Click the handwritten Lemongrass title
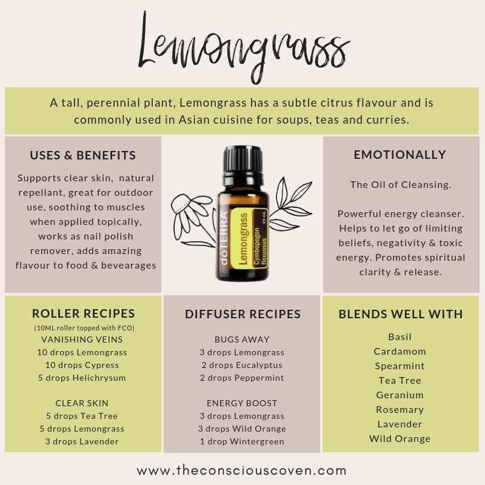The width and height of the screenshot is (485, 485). [x=244, y=47]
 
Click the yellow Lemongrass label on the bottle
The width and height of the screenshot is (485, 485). [x=249, y=238]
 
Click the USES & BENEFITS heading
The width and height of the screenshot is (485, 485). [x=83, y=155]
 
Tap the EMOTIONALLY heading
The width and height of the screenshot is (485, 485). [x=400, y=155]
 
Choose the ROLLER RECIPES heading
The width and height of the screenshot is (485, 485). [x=84, y=313]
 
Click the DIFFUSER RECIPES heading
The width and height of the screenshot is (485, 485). [x=243, y=314]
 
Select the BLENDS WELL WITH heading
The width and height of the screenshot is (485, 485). [x=401, y=314]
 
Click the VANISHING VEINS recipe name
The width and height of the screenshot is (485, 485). [x=82, y=339]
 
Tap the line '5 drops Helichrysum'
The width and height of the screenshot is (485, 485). [x=82, y=378]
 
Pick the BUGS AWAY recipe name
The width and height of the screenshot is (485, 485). [x=242, y=339]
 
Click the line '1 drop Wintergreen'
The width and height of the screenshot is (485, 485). [x=242, y=442]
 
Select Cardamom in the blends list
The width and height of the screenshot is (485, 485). [x=400, y=352]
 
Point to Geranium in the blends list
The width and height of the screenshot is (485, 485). [x=400, y=395]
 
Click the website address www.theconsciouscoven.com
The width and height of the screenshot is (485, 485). [x=241, y=471]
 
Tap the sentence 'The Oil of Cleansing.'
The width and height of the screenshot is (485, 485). [x=401, y=185]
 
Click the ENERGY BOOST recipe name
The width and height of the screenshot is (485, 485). [x=242, y=403]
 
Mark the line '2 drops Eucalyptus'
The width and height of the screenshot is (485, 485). [x=242, y=366]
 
